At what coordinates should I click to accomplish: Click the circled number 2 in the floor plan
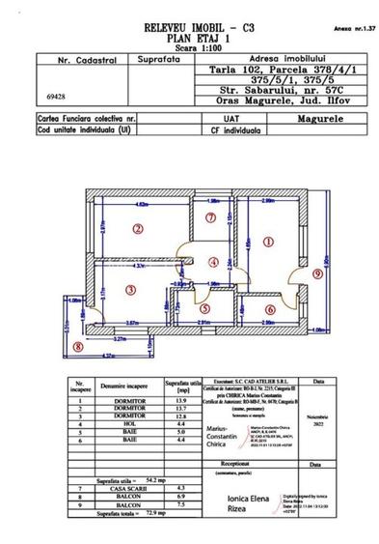coord(139,229)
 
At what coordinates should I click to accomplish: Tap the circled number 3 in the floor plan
coord(127,289)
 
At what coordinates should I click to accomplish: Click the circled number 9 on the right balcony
coord(317,273)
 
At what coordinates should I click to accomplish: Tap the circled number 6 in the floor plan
coord(270,309)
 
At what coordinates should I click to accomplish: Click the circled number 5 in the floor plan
coord(205,310)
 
